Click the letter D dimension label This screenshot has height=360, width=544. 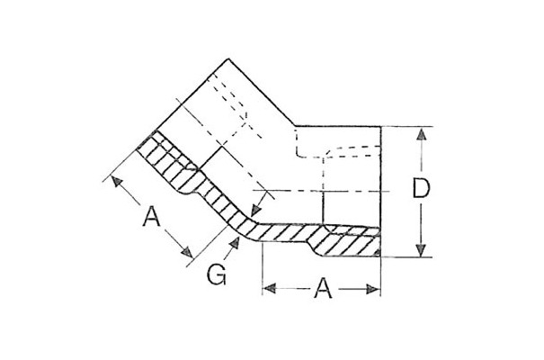(x=421, y=188)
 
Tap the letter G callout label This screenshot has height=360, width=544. (x=217, y=274)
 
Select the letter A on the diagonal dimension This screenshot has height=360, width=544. (x=151, y=216)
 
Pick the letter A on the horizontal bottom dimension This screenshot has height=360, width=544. (x=323, y=288)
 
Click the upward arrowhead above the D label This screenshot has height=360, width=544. (x=421, y=134)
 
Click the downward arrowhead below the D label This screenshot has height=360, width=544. (x=421, y=250)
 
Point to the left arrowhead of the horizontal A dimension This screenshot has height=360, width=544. (x=270, y=288)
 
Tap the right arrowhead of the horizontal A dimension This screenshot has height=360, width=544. (x=373, y=289)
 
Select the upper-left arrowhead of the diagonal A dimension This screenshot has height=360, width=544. (x=117, y=182)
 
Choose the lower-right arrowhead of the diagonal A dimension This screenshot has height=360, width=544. (x=187, y=252)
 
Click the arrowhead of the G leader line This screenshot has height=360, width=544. (x=236, y=243)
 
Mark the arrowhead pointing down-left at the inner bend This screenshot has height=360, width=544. (x=255, y=210)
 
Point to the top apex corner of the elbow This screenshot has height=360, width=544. (x=228, y=58)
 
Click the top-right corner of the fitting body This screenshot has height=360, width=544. (x=381, y=126)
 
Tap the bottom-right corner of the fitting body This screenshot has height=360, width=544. (x=381, y=256)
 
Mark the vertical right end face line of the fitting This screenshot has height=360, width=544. (x=381, y=192)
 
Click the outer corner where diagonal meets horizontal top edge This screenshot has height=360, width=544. (x=295, y=126)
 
